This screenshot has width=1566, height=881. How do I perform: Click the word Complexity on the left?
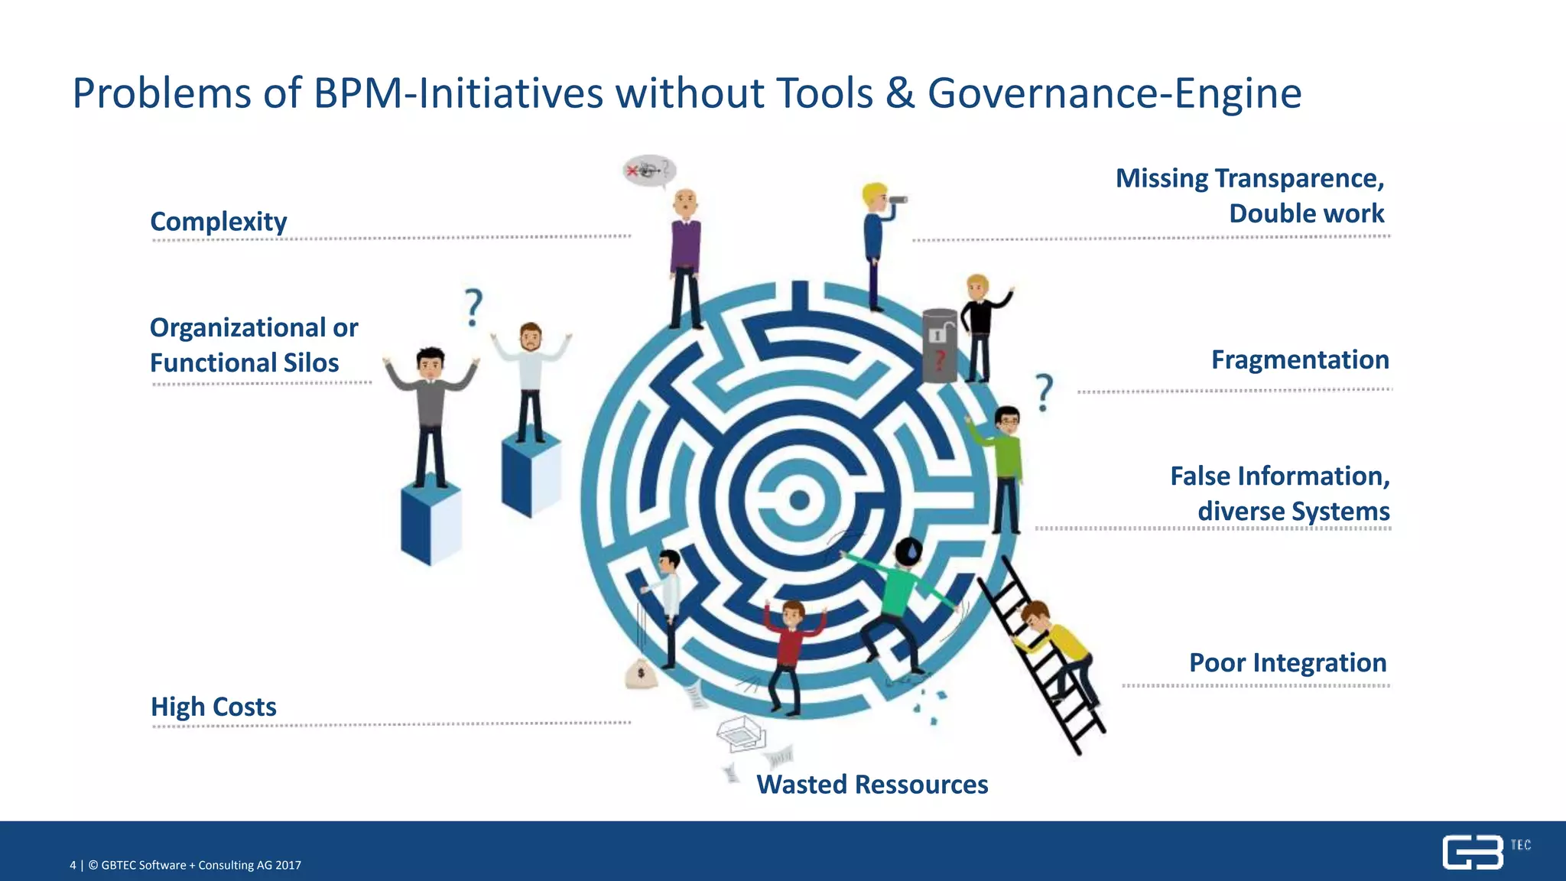click(219, 222)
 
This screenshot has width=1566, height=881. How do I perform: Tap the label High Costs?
click(213, 707)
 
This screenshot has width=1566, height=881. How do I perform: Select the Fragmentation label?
click(1300, 359)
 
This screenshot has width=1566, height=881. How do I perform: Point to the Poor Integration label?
click(1288, 662)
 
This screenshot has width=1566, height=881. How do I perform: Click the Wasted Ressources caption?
click(872, 785)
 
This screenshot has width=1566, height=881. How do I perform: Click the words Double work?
click(1306, 213)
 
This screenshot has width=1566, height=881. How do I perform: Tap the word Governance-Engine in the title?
click(1114, 93)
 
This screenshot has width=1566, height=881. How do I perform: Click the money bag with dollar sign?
click(641, 675)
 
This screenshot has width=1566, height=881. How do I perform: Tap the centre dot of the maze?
click(799, 501)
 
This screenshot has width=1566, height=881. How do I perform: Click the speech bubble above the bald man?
click(649, 170)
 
